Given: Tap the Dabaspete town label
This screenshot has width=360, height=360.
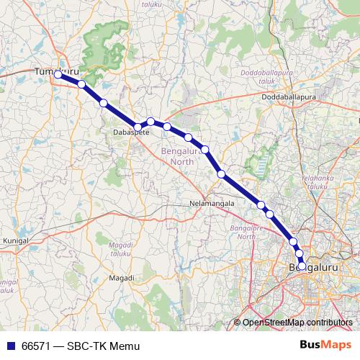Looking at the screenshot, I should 132,133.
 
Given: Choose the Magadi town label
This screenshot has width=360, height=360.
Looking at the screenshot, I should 121,277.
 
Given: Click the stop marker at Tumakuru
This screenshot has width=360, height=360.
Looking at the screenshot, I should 58,73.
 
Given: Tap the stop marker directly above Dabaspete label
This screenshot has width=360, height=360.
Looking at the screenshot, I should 138,127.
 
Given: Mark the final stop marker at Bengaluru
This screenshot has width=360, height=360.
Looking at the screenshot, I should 302,263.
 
